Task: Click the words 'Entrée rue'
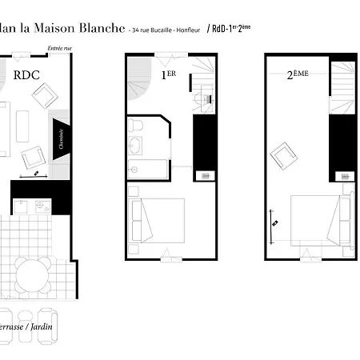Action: point(59,48)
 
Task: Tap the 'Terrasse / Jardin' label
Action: point(28,327)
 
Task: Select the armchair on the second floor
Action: point(284,154)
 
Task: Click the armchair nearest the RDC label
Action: point(43,97)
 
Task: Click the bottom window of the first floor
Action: point(169,255)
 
